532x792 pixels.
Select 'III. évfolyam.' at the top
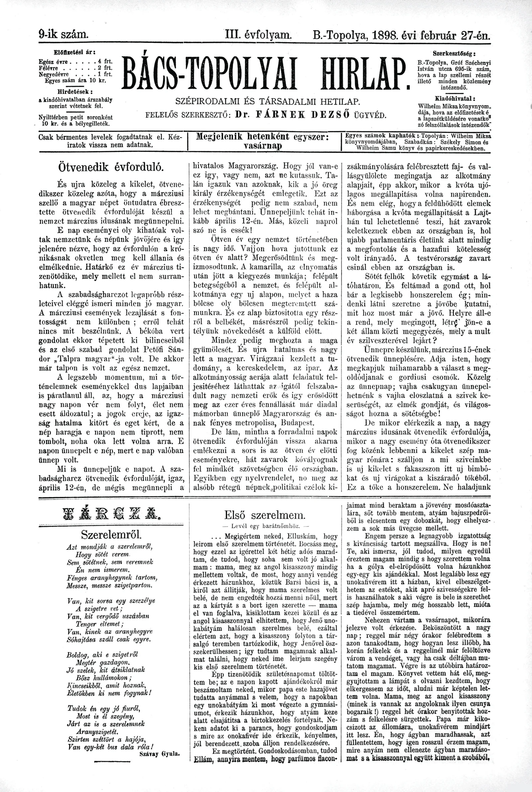[258, 35]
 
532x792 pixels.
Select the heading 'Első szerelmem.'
[265, 515]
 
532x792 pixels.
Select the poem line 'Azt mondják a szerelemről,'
[110, 546]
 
